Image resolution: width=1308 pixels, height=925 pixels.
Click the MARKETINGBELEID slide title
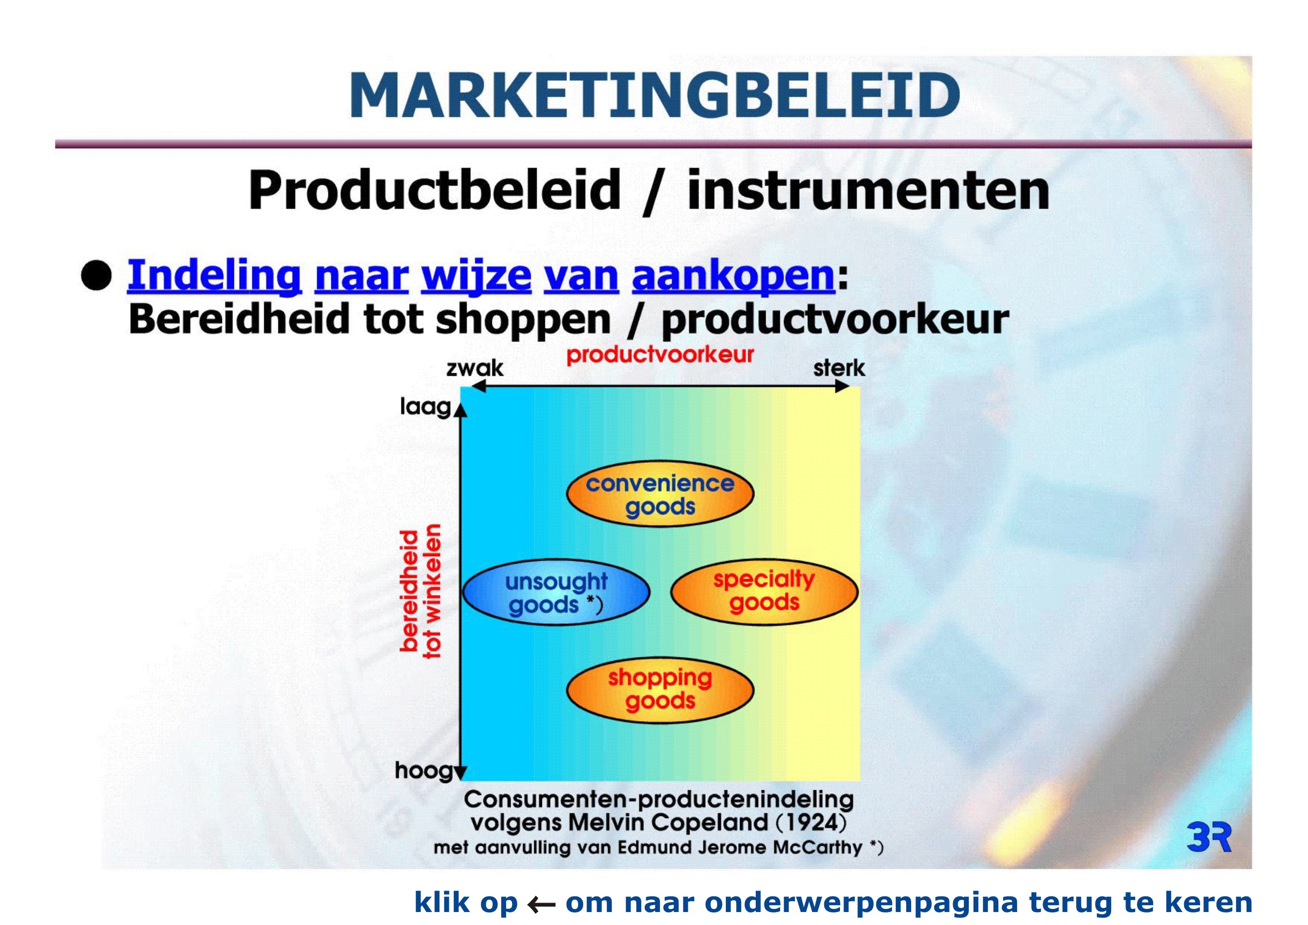click(x=655, y=95)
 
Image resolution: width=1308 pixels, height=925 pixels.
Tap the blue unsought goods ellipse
click(x=557, y=593)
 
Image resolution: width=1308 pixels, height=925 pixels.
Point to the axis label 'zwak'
click(x=474, y=368)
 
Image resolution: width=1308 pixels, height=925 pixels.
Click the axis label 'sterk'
click(x=839, y=368)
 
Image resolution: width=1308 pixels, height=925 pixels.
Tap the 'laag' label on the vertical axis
click(x=426, y=407)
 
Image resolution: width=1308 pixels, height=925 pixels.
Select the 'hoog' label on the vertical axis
click(x=423, y=771)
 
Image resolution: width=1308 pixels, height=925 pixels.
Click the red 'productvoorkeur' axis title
click(x=660, y=354)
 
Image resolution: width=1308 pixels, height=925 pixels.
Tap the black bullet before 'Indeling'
click(x=96, y=276)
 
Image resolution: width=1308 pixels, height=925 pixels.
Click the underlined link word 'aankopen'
click(x=733, y=276)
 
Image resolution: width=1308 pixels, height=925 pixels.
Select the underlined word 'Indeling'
click(x=214, y=276)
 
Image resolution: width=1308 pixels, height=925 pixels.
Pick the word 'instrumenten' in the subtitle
click(x=868, y=190)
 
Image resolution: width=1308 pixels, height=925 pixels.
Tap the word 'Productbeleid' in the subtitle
click(x=435, y=190)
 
